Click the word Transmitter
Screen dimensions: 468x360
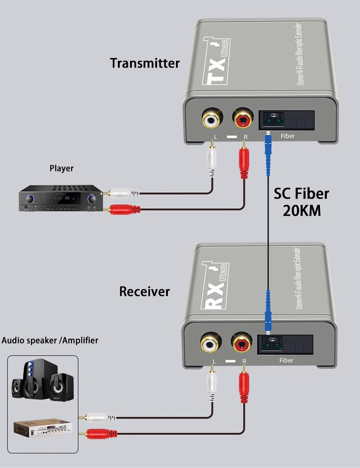145,63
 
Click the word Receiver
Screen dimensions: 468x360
144,291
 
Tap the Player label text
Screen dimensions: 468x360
61,168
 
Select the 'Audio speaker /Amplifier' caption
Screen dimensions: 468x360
50,340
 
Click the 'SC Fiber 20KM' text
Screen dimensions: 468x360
301,202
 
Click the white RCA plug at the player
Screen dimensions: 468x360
122,193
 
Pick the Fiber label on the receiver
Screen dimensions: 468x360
286,360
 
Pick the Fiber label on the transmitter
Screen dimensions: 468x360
287,135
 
